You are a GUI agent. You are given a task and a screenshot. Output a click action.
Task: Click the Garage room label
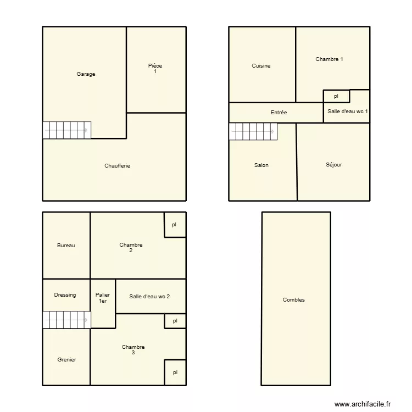(86, 74)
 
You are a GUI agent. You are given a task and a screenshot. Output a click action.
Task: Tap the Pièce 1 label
(155, 68)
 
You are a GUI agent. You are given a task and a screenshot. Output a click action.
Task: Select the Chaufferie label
(117, 166)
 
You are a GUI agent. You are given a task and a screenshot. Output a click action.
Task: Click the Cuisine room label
(261, 66)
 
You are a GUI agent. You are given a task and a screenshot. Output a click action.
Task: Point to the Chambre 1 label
(329, 59)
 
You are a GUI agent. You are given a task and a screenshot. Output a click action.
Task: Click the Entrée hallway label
(279, 113)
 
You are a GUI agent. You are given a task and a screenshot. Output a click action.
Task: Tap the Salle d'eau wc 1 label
(347, 112)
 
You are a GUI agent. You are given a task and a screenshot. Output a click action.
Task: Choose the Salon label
(261, 165)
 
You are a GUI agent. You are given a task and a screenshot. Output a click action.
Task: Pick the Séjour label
(333, 165)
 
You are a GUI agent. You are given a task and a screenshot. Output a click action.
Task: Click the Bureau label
(66, 246)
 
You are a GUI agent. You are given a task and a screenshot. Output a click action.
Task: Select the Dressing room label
(65, 295)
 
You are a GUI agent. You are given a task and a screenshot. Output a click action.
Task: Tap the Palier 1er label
(103, 298)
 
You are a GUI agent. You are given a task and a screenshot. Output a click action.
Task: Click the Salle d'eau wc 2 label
(149, 297)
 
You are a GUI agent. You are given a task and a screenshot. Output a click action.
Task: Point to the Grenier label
(66, 360)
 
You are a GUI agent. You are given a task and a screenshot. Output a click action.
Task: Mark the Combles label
(294, 300)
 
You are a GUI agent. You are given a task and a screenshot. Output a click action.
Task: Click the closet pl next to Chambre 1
(336, 96)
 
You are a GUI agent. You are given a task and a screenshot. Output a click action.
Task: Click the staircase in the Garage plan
(66, 130)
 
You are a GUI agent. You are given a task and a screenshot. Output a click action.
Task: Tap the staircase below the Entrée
(253, 132)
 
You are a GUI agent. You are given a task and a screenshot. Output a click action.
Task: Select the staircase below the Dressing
(66, 320)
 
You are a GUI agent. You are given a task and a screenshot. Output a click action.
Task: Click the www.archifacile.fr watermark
(363, 404)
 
